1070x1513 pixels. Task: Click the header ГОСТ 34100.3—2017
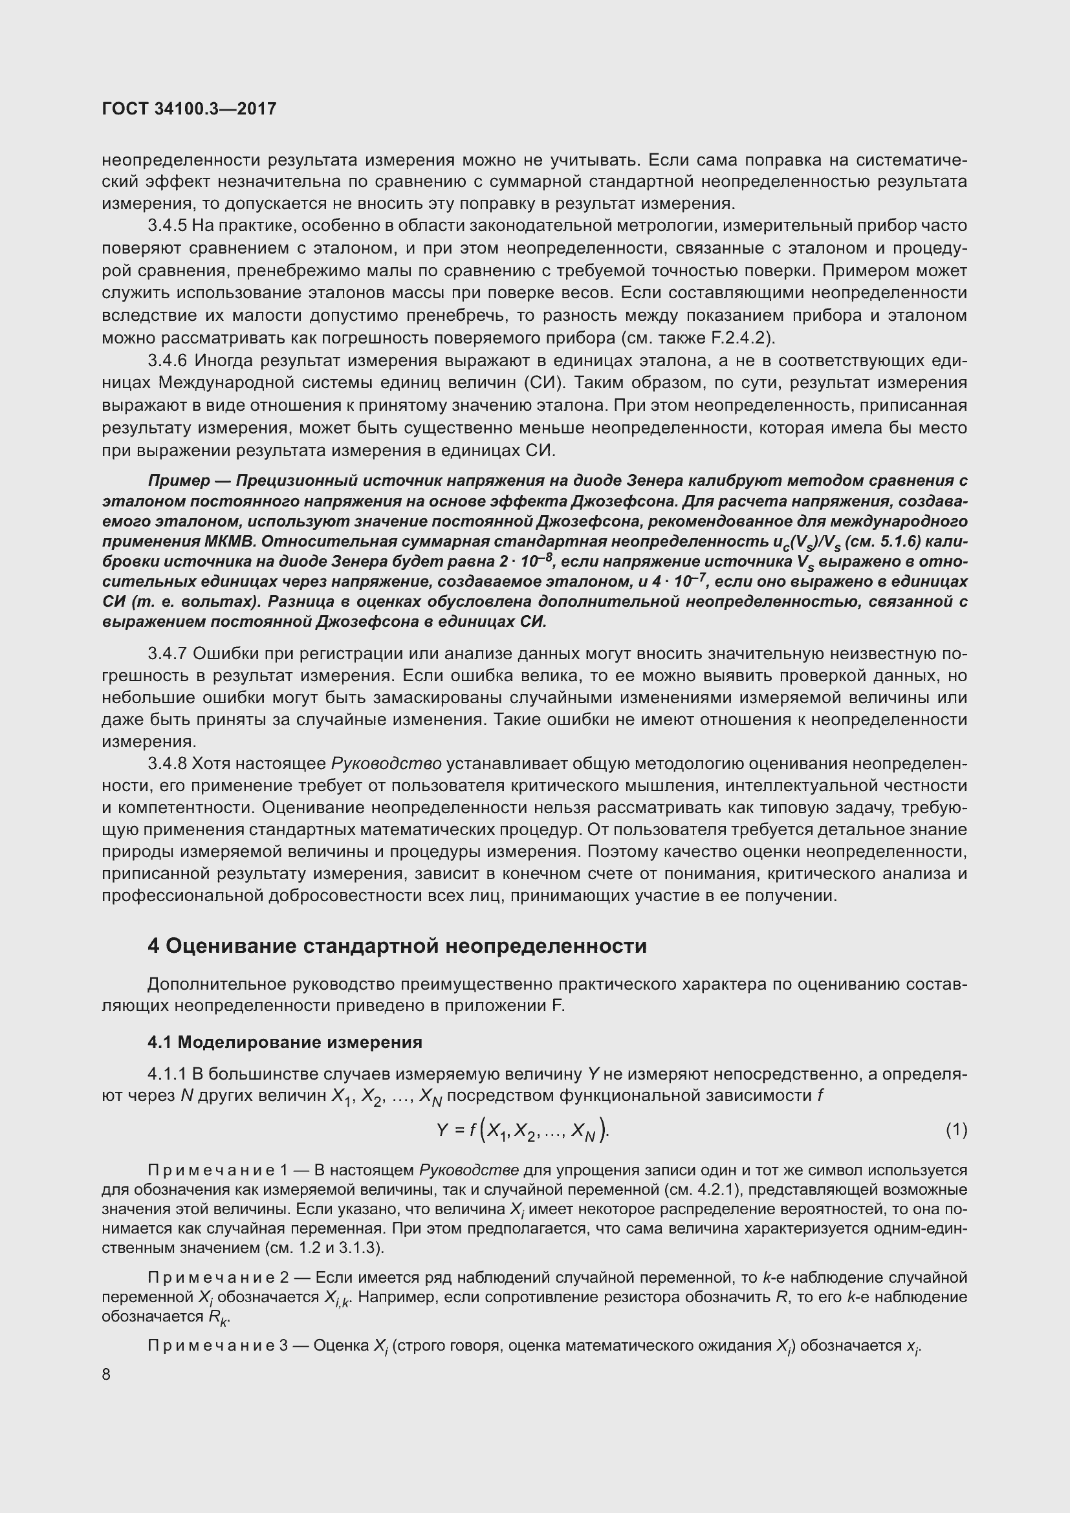(189, 109)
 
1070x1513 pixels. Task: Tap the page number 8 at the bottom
(107, 1375)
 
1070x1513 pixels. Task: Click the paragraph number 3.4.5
(168, 226)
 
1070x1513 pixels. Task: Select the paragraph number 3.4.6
(168, 360)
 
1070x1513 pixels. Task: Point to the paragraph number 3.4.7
(168, 653)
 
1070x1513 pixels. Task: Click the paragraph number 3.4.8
(168, 763)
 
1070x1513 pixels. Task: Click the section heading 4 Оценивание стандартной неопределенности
(397, 946)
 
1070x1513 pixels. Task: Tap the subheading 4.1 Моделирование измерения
(285, 1043)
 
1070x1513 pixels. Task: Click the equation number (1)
(957, 1129)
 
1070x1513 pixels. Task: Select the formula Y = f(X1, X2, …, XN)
(524, 1131)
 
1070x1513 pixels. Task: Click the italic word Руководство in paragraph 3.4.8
(386, 763)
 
